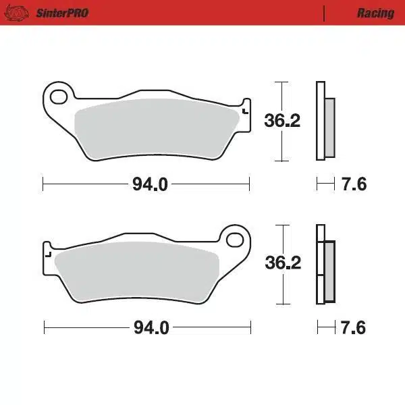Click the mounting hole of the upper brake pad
point(59,96)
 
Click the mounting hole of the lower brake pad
point(235,239)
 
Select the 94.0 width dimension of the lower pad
point(150,328)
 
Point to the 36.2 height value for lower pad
point(282,263)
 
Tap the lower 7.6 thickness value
point(353,328)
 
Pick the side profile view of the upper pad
point(324,122)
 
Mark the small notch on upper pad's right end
point(244,110)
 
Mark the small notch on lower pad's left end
point(48,254)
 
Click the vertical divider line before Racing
point(325,13)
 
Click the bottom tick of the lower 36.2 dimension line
point(281,303)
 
